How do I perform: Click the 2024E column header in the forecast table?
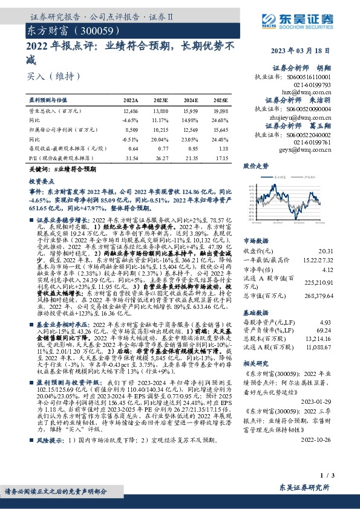click(x=191, y=99)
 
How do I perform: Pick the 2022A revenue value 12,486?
click(x=130, y=112)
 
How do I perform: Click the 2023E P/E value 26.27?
click(x=160, y=158)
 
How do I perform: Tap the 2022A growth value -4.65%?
click(x=130, y=120)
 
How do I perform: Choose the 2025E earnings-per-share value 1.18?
click(x=223, y=148)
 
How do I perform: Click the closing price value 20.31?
click(x=343, y=250)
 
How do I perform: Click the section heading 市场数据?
click(x=255, y=239)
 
